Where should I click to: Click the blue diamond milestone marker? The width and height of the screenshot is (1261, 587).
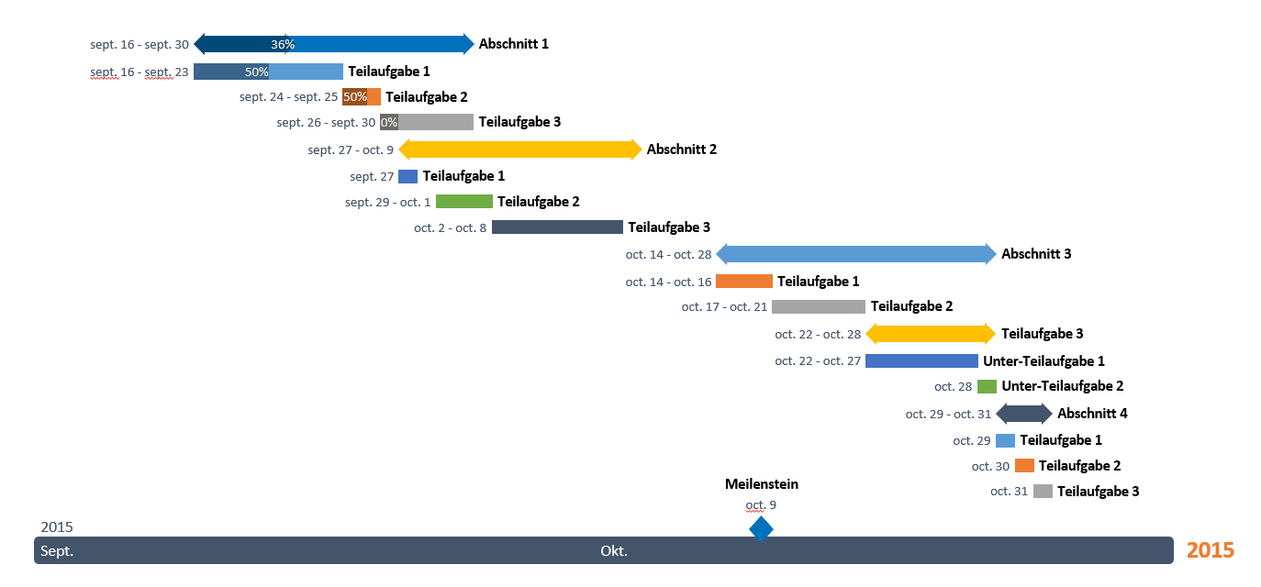pos(761,529)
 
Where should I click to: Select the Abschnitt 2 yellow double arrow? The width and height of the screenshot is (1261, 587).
pos(519,150)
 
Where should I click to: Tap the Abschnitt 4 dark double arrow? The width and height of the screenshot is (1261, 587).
pos(1024,414)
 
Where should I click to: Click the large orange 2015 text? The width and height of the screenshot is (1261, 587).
pos(1210,550)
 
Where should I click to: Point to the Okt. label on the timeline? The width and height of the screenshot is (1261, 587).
pos(614,551)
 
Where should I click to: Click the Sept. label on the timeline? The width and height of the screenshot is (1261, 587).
pos(57,551)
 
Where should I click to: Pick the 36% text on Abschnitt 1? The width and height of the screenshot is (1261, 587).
pos(283,44)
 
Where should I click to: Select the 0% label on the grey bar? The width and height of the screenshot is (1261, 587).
pos(389,122)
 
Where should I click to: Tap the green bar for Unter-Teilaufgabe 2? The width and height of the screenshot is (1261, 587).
pos(987,386)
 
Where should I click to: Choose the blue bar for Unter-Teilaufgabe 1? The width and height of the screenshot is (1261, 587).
pos(921,361)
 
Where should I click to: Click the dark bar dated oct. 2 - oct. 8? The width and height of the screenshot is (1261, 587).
pos(557,227)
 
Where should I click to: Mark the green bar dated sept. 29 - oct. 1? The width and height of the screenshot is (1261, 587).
pos(463,202)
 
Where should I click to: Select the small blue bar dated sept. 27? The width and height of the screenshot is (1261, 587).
pos(407,176)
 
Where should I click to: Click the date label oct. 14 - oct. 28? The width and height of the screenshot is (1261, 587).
pos(668,254)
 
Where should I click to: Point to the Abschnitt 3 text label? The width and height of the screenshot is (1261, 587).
pos(1036,254)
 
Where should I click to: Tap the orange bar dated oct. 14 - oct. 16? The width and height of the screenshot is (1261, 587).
pos(743,282)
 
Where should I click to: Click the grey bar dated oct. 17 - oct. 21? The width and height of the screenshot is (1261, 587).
pos(818,306)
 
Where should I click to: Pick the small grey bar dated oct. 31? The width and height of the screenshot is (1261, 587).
pos(1043,492)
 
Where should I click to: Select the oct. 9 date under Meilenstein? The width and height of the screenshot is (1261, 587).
pos(761,504)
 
